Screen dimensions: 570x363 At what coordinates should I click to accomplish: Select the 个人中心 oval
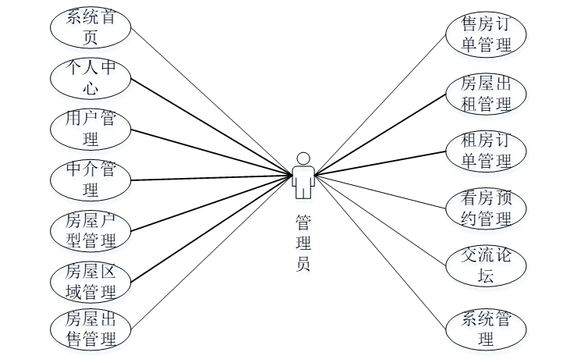[90, 77]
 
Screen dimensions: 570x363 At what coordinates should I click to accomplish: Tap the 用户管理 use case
[90, 129]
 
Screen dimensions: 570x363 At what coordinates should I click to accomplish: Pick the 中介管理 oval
[90, 180]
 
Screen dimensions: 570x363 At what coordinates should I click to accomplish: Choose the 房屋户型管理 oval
[90, 231]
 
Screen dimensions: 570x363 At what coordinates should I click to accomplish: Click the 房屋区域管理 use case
[90, 282]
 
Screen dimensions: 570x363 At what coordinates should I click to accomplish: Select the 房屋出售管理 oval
[90, 329]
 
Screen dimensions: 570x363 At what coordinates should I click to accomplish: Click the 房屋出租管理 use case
[487, 93]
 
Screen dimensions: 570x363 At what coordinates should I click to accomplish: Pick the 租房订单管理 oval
[487, 151]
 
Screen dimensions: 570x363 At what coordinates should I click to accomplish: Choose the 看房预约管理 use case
[487, 208]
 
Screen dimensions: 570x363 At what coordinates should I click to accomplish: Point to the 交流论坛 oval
[487, 265]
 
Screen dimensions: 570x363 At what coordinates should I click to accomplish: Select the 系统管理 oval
[487, 329]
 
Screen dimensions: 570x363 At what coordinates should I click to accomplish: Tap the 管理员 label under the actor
[304, 242]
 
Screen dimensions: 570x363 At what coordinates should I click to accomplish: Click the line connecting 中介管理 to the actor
[211, 177]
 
